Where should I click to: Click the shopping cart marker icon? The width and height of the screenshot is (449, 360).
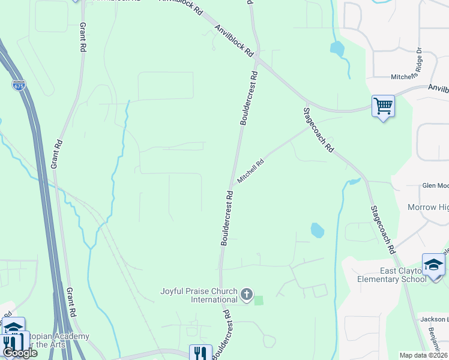(x=383, y=106)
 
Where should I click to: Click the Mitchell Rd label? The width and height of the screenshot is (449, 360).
(x=251, y=171)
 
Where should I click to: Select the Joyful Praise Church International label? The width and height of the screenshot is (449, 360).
(x=199, y=295)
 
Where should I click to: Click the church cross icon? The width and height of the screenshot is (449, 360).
(x=246, y=295)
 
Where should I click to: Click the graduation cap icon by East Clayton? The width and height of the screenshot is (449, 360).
(x=433, y=265)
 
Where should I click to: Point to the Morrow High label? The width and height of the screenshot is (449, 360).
(x=427, y=207)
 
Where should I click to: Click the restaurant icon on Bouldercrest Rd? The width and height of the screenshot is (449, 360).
(x=200, y=352)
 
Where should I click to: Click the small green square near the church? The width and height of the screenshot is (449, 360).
(x=259, y=300)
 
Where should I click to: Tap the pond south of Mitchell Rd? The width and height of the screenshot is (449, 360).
(x=316, y=230)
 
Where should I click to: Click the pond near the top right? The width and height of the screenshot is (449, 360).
(x=337, y=49)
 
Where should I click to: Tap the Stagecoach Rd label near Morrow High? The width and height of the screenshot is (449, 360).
(x=382, y=229)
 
